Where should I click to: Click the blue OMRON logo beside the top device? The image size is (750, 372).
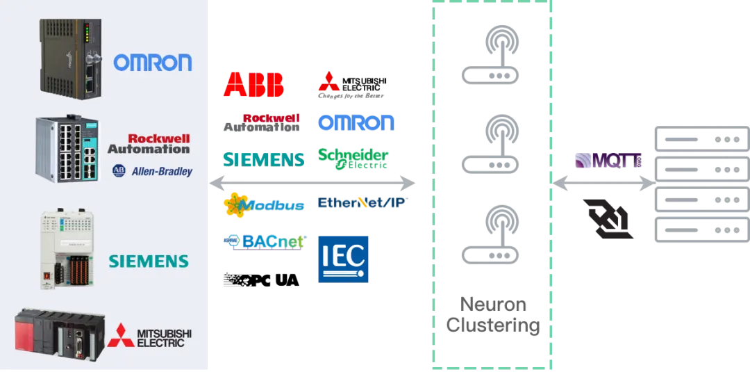(x=153, y=63)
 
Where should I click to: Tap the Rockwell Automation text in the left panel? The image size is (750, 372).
(x=158, y=143)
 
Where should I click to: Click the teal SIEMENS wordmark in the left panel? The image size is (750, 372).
(x=149, y=261)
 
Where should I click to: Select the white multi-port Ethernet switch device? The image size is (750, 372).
(x=67, y=148)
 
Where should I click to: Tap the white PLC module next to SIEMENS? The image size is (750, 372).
(x=66, y=248)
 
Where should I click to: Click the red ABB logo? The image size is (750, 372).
(x=253, y=84)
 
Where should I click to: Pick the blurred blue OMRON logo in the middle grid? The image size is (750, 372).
(x=356, y=122)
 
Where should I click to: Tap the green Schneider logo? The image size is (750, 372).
(x=353, y=159)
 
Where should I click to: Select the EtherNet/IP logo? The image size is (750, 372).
(x=362, y=203)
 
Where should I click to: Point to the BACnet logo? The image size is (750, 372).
(x=264, y=242)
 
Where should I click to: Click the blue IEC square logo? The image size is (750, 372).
(x=344, y=258)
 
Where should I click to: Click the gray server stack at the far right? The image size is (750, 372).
(x=698, y=184)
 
